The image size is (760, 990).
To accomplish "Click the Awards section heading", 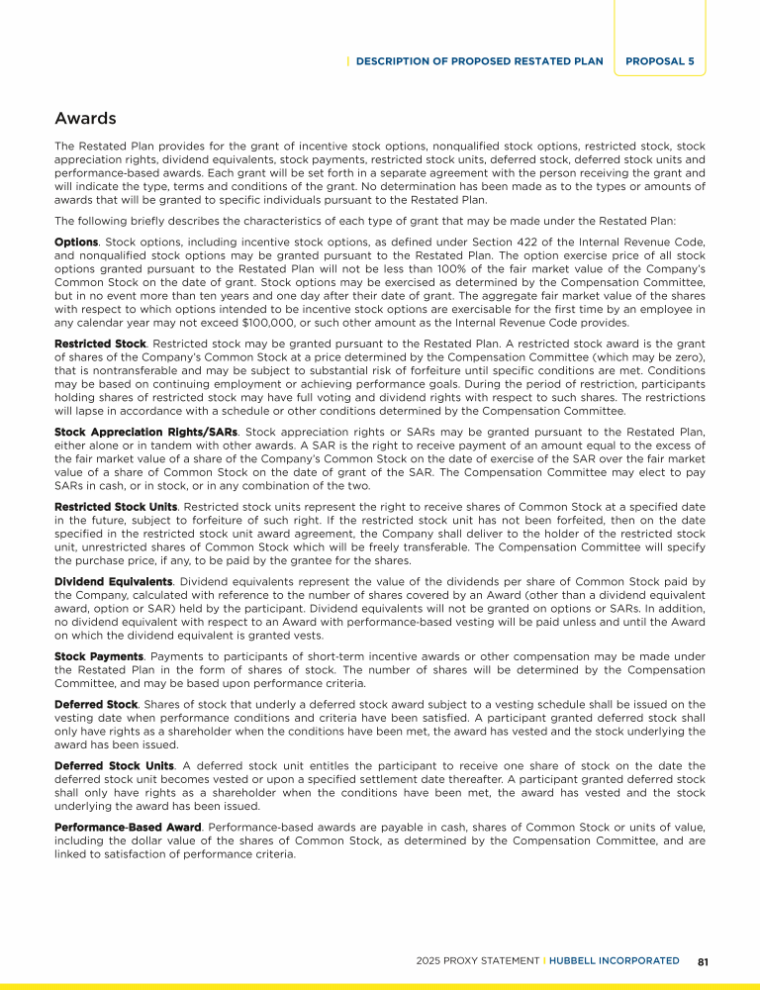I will tap(85, 119).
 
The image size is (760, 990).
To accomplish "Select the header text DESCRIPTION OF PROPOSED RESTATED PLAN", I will tap(479, 60).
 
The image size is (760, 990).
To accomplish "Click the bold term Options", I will tap(76, 241).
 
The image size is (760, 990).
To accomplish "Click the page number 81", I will tap(704, 960).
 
